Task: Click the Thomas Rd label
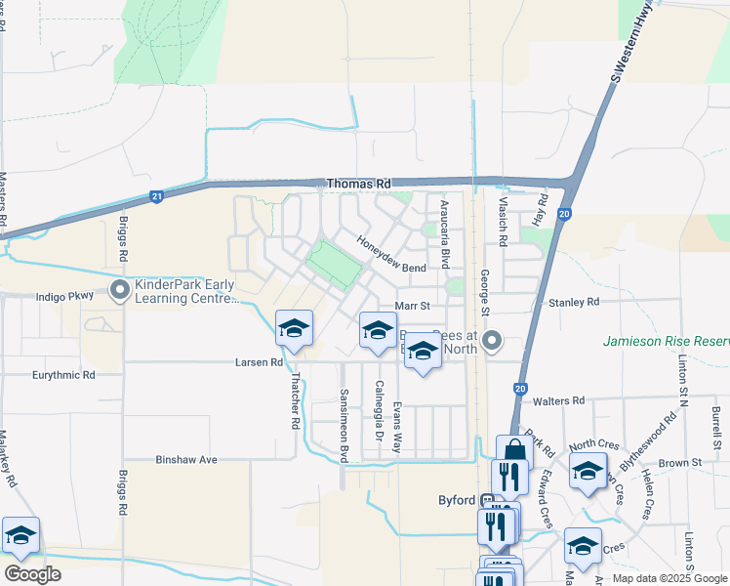tap(358, 184)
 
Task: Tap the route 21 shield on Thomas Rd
tap(157, 196)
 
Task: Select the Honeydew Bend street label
tap(391, 254)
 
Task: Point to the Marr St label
tap(405, 306)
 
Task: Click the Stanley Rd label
tap(574, 303)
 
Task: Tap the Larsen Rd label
tap(259, 362)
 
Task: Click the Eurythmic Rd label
tap(61, 374)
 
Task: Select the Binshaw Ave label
tap(185, 459)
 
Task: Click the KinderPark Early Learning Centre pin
tap(120, 289)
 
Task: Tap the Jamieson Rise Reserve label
tap(666, 342)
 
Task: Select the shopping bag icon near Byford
tap(514, 451)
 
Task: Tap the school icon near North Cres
tap(588, 470)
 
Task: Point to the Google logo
tap(32, 574)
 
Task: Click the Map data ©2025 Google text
tap(667, 578)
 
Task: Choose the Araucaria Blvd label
tap(444, 234)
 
